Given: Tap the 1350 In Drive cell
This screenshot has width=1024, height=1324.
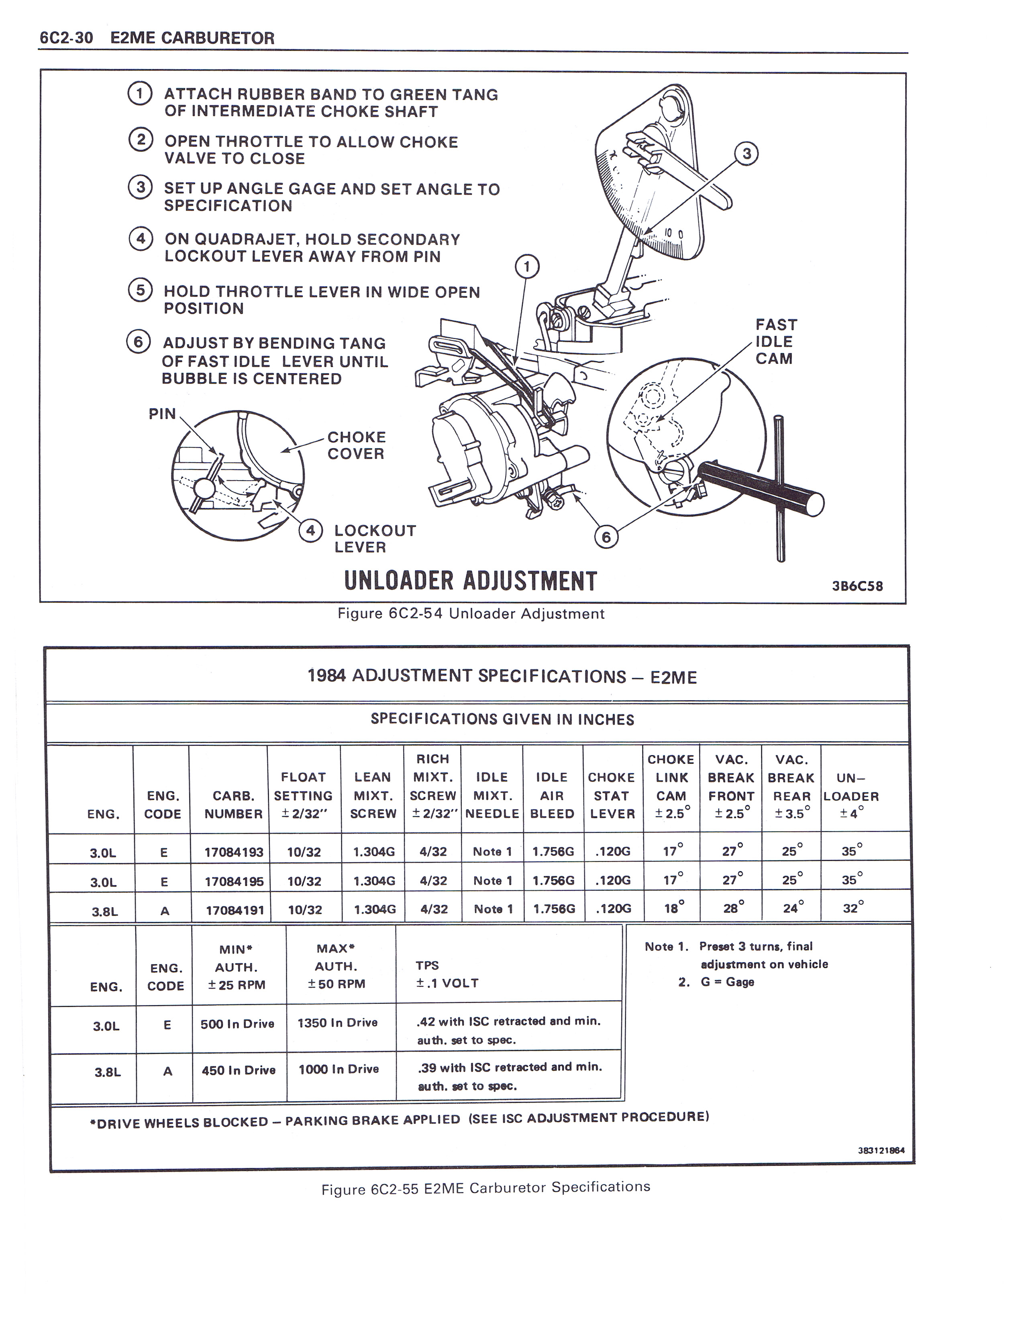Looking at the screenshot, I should coord(337,1023).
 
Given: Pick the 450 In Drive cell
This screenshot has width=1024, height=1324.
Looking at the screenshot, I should coord(239,1070).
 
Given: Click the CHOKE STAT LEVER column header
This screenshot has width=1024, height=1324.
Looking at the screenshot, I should coord(612,795).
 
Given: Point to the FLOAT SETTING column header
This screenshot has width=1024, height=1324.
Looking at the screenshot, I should coord(303,795).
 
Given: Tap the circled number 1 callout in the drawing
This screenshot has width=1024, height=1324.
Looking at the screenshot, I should coord(526,266).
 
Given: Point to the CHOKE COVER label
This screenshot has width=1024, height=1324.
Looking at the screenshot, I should coord(356,446).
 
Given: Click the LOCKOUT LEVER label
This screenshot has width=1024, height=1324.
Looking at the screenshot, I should coord(374,538).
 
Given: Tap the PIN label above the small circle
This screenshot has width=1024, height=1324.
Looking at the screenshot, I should coord(162,414).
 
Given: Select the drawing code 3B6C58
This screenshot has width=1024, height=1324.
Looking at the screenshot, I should coord(857,586).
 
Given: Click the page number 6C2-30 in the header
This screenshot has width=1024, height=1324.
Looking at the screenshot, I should coord(66,38).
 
